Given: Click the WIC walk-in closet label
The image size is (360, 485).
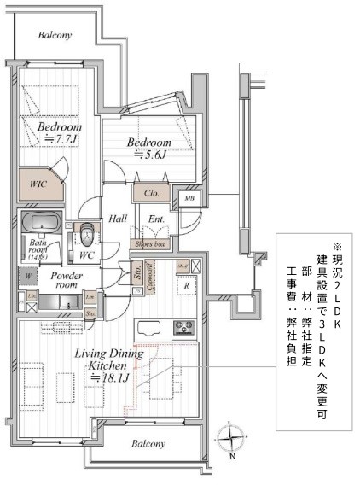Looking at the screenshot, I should point(34,184).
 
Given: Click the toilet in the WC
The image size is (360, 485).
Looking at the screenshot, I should point(86,232).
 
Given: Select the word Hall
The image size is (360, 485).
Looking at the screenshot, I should point(118,219).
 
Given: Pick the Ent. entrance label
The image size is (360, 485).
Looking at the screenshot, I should point(157,219).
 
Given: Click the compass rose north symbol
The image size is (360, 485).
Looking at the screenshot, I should point(232,441).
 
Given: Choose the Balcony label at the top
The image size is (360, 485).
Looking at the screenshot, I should point(55,36).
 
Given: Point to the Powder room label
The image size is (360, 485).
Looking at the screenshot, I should point(65,281).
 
